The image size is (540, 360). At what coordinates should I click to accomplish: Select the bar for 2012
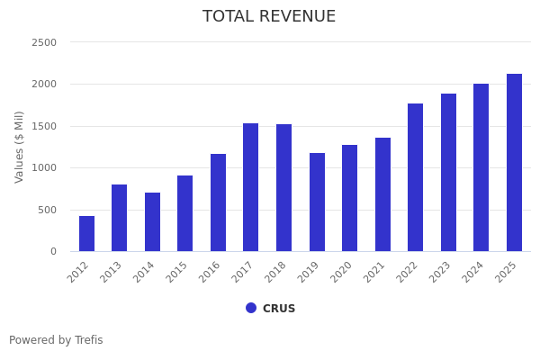[86, 234]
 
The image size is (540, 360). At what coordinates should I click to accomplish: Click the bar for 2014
[152, 222]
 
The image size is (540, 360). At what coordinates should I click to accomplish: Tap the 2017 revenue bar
[250, 187]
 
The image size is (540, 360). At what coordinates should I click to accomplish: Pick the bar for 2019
[317, 202]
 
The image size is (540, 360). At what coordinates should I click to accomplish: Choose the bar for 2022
[415, 177]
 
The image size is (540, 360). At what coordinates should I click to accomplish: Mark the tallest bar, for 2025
[514, 163]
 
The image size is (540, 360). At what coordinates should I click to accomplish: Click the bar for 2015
[184, 213]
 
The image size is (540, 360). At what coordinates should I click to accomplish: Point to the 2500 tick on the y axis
[44, 42]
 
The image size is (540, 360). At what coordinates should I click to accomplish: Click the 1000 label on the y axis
[44, 167]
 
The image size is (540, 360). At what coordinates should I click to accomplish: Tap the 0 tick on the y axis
[53, 251]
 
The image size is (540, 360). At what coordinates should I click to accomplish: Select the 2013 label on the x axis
[112, 271]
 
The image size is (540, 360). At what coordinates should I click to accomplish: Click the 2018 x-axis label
[277, 271]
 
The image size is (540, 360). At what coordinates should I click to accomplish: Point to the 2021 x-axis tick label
[376, 271]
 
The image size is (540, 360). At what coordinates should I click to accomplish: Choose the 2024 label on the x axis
[474, 271]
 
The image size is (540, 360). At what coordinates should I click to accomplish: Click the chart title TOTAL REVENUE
[269, 17]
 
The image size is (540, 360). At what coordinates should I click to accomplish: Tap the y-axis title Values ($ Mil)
[20, 147]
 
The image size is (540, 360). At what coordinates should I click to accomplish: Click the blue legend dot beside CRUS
[251, 308]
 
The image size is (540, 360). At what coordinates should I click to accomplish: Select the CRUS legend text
[279, 309]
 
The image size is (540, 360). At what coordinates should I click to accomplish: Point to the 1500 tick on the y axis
[44, 126]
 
